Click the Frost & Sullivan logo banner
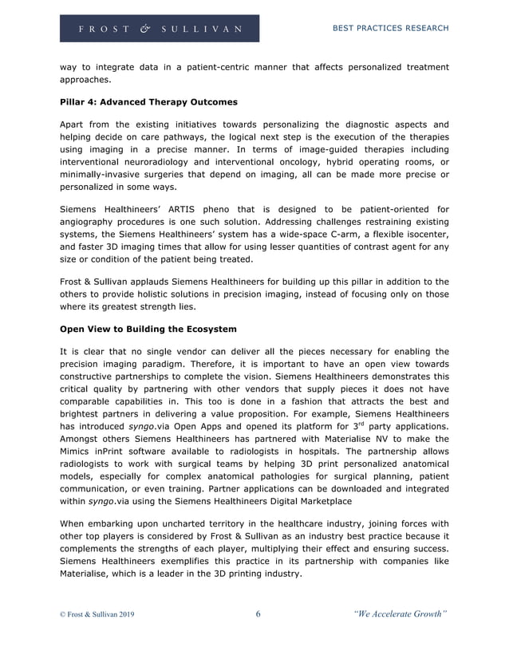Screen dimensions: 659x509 [160, 29]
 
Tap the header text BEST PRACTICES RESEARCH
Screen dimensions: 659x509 [390, 29]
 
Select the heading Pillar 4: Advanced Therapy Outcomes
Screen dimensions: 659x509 [148, 102]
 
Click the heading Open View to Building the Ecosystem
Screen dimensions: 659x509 [148, 329]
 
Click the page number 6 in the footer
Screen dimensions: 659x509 [258, 614]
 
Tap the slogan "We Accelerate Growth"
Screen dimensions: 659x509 [399, 614]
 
